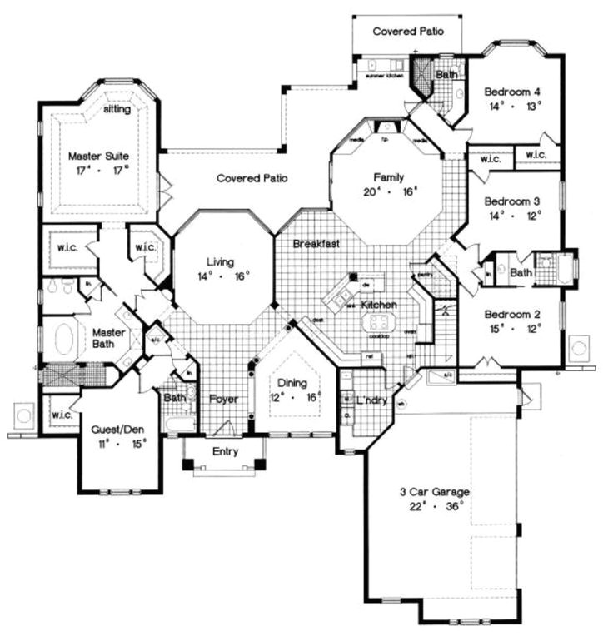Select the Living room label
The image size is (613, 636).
click(222, 262)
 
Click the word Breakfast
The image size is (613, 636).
click(316, 244)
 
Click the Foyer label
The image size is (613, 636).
click(223, 400)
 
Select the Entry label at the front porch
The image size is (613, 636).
click(224, 452)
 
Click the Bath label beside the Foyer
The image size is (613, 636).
click(175, 398)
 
